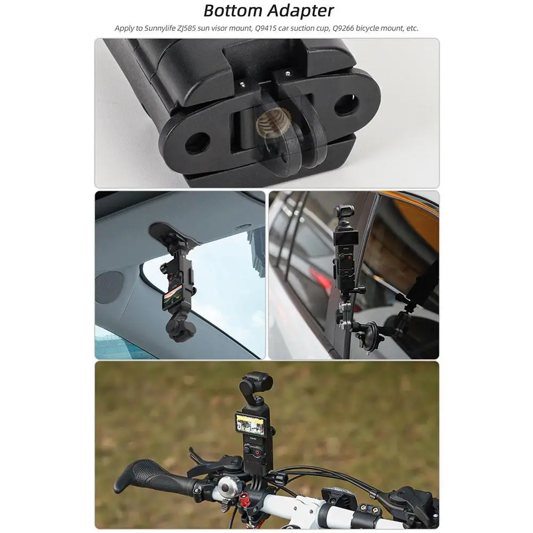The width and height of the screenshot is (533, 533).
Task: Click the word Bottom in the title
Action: tap(233, 11)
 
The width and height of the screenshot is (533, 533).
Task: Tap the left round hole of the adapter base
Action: tap(198, 143)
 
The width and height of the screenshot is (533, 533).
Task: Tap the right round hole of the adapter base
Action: tap(346, 105)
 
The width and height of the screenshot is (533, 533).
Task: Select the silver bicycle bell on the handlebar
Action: tap(227, 487)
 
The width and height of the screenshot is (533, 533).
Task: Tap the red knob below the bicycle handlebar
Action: tap(243, 501)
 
